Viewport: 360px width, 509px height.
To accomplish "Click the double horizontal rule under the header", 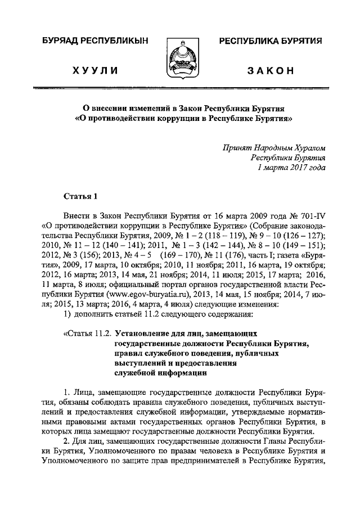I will click(180, 88).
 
